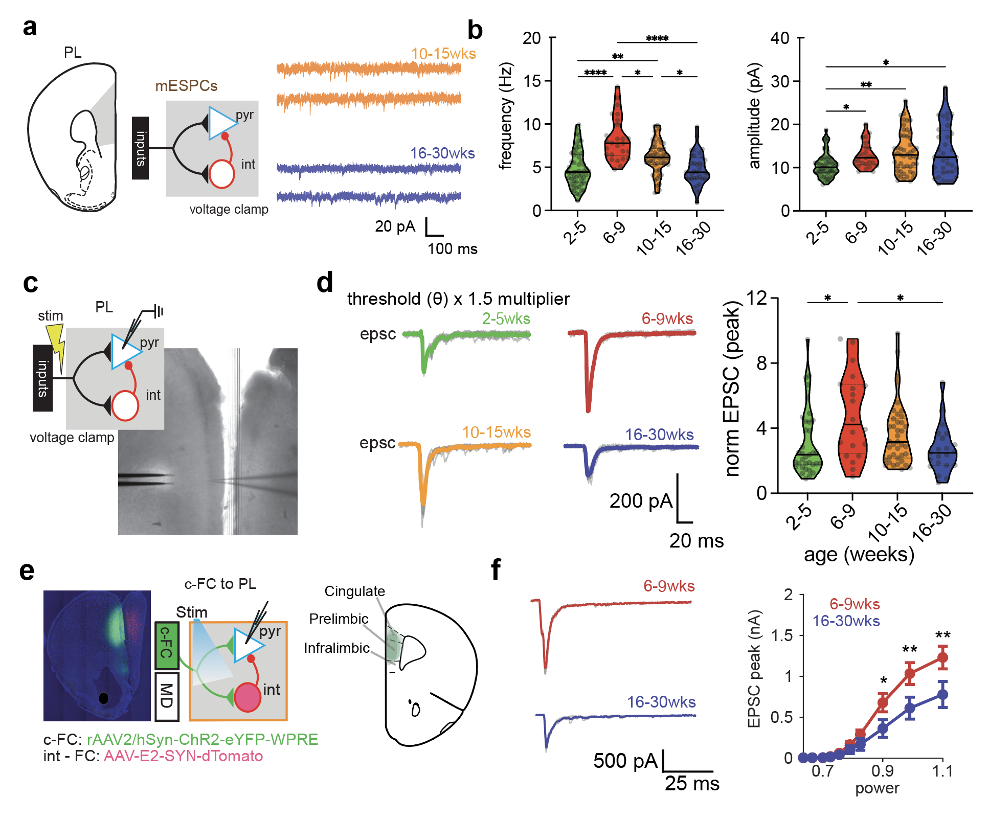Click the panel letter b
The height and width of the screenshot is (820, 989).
point(475,30)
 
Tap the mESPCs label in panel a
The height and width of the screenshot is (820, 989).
point(186,86)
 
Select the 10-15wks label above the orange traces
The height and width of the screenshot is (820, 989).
point(443,54)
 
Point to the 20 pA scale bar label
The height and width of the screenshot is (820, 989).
point(395,226)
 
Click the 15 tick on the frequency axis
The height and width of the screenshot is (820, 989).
point(532,81)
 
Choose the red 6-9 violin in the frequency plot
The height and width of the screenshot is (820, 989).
point(617,138)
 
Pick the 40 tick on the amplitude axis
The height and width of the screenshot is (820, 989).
point(780,38)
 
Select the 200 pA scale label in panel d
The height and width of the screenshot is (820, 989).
point(641,501)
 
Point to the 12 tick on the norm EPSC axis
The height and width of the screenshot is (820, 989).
point(756,298)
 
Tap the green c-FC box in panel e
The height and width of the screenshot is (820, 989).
point(167,646)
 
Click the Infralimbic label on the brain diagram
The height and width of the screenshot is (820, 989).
point(336,648)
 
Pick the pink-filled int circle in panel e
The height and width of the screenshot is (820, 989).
point(248,697)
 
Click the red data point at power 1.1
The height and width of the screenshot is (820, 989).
point(942,657)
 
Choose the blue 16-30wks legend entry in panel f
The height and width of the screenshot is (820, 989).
point(846,621)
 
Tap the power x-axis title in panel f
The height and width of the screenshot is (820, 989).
point(877,788)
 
